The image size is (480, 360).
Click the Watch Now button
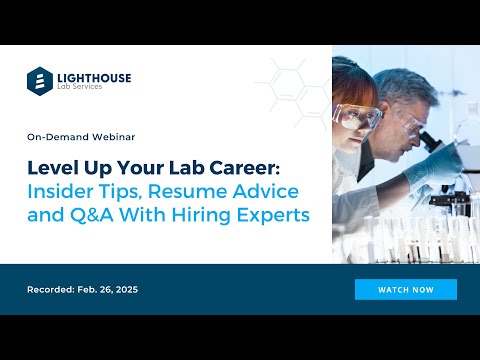[405, 289]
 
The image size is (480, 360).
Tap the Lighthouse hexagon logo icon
[40, 80]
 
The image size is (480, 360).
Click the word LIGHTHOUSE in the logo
[93, 76]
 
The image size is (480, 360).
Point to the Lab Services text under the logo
[82, 88]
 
